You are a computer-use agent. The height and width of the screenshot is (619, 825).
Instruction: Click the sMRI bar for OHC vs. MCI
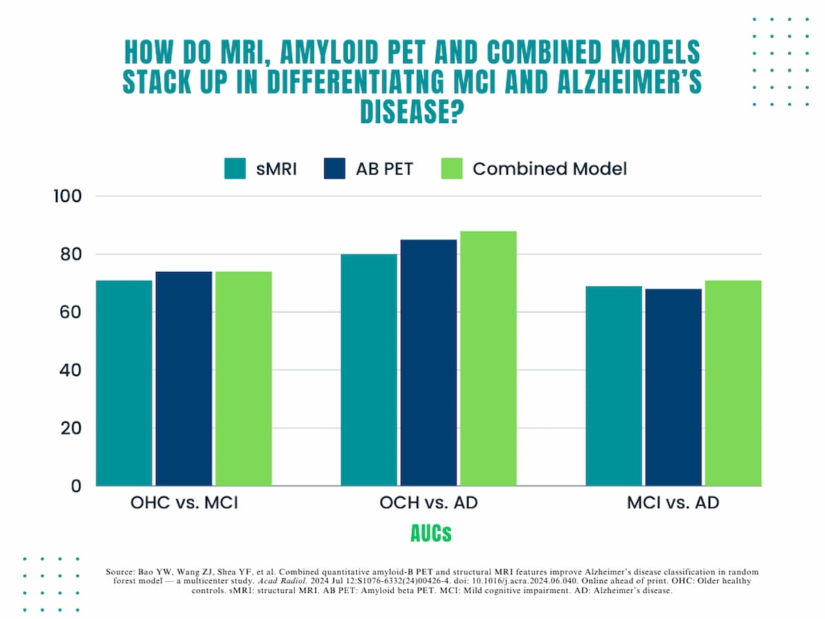124,383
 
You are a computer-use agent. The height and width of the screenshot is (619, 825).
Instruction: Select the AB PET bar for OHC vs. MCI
184,379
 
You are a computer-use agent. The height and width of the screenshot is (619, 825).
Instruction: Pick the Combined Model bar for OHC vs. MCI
243,379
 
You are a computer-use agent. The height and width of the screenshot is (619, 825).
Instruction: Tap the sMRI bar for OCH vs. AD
369,370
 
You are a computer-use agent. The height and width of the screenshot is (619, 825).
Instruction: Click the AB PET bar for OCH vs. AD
428,362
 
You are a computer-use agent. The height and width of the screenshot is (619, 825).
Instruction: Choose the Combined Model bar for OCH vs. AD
488,358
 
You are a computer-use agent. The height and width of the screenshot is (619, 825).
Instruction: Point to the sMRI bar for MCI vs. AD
614,386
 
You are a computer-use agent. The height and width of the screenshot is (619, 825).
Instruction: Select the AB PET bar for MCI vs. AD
673,387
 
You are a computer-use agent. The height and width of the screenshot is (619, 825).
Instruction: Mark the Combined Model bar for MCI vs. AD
733,383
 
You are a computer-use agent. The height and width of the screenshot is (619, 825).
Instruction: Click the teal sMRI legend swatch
235,169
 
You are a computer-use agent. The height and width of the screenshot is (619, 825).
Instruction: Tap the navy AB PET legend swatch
334,169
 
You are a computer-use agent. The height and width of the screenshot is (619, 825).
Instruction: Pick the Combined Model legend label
549,169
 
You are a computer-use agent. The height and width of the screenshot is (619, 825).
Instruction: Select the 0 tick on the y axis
76,486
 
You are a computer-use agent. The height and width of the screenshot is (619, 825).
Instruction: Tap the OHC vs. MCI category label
184,503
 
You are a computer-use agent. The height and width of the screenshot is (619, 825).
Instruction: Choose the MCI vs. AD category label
673,503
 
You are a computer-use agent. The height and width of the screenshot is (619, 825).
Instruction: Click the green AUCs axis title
430,532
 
